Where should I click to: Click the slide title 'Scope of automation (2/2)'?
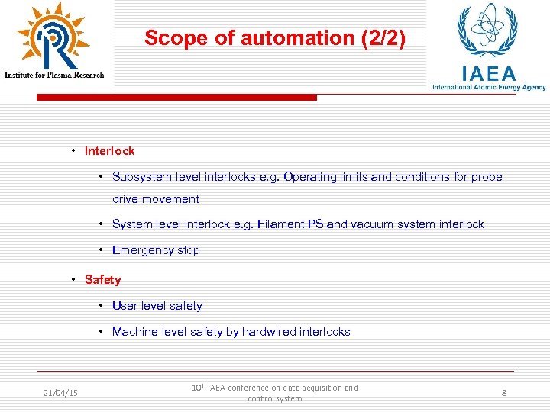point(275,38)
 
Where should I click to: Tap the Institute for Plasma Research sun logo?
point(52,37)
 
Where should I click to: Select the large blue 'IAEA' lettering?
point(489,73)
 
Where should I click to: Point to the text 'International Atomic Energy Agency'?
point(489,88)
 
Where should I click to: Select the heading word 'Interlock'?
point(109,151)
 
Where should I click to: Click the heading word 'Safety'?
point(103,280)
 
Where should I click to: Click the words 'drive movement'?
point(156,199)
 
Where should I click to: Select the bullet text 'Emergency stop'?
point(156,250)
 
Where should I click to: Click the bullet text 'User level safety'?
point(157,306)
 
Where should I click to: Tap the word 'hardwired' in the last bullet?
point(270,332)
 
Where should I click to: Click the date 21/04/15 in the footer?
point(60,393)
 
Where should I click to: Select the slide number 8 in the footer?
point(504,393)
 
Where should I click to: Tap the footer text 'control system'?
point(275,398)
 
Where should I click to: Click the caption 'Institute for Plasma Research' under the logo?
point(54,75)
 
